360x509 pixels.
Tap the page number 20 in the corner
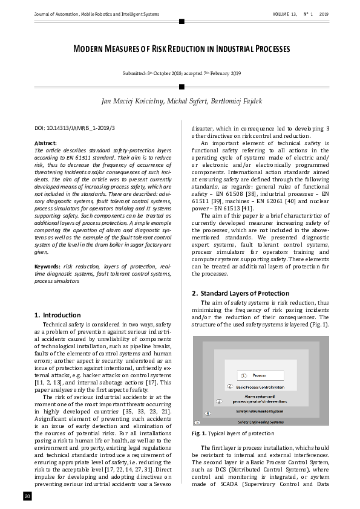(27, 496)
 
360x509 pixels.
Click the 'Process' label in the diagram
(259, 375)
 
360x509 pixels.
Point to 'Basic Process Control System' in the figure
(260, 386)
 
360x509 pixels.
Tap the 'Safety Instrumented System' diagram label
(260, 410)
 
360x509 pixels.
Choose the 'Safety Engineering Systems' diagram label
(260, 421)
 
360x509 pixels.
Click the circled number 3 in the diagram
(219, 401)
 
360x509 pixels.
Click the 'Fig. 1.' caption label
(199, 433)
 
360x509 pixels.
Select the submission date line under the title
(182, 74)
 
